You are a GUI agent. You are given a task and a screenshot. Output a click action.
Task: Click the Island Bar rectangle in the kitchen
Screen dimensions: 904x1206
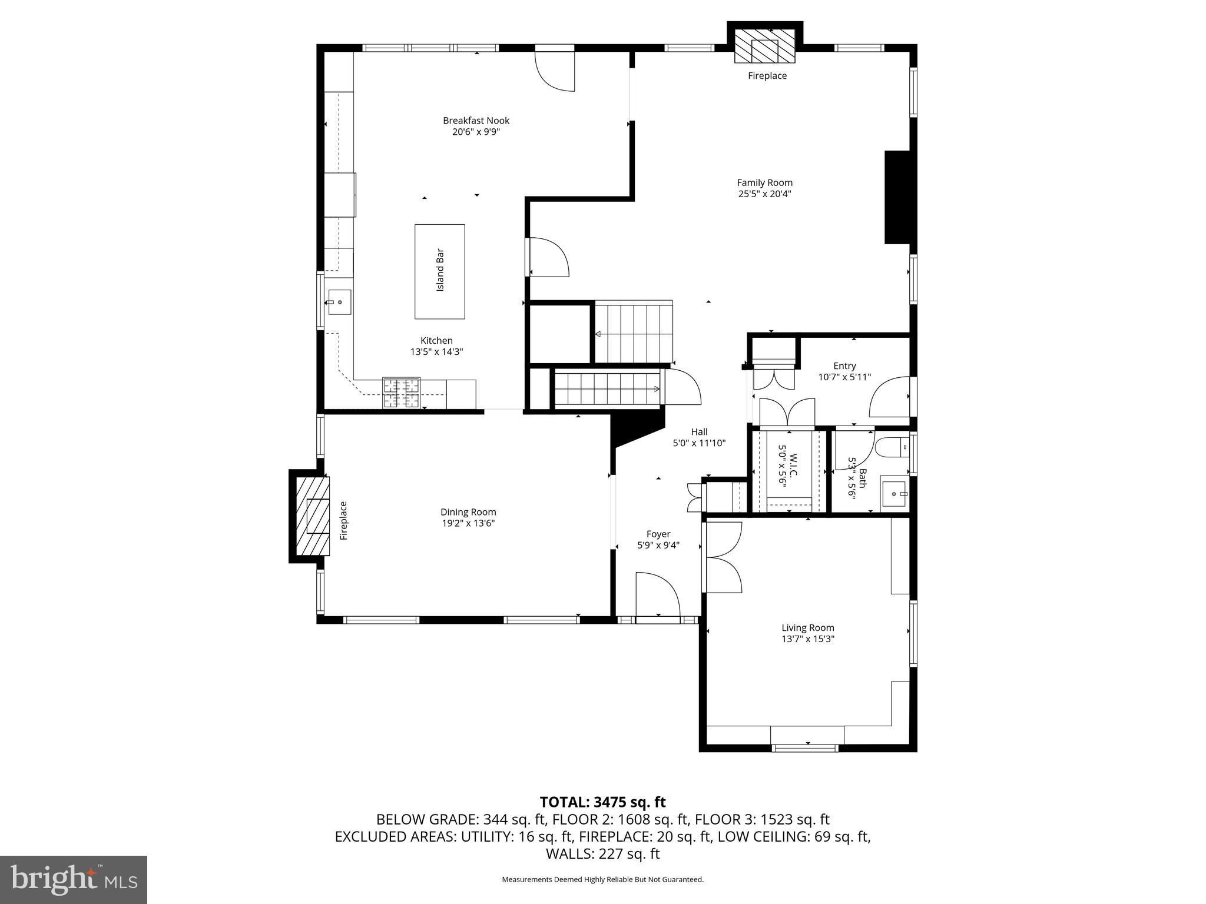coord(439,271)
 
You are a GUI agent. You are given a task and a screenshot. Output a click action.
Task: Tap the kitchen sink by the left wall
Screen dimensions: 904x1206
coord(340,302)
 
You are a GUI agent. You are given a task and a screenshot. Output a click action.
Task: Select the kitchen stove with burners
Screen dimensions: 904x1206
coord(402,393)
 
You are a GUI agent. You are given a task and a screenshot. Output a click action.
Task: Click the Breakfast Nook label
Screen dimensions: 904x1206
coord(476,121)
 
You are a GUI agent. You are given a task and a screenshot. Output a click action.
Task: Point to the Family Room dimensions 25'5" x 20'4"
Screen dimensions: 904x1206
coord(764,194)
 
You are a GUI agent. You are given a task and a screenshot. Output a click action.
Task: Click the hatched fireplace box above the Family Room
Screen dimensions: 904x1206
coord(765,45)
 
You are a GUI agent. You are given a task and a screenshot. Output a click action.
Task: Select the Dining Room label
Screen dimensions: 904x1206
coord(468,512)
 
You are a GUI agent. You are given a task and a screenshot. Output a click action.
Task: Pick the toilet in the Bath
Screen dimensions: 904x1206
coord(893,448)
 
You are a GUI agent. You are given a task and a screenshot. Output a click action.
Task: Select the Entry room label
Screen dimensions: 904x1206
coord(844,366)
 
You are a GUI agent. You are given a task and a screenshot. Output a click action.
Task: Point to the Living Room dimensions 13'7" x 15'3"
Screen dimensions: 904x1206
coord(807,639)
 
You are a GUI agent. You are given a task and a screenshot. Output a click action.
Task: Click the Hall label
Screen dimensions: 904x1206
coord(699,432)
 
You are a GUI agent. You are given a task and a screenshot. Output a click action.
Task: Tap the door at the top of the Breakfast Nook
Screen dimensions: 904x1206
coord(555,69)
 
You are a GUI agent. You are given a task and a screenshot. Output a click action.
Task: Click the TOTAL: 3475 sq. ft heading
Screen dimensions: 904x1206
coord(602,802)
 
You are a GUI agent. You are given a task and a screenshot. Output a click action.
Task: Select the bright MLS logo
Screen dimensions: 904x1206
coord(74,879)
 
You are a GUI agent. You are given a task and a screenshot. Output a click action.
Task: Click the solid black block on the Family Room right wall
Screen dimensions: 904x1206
coord(897,197)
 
